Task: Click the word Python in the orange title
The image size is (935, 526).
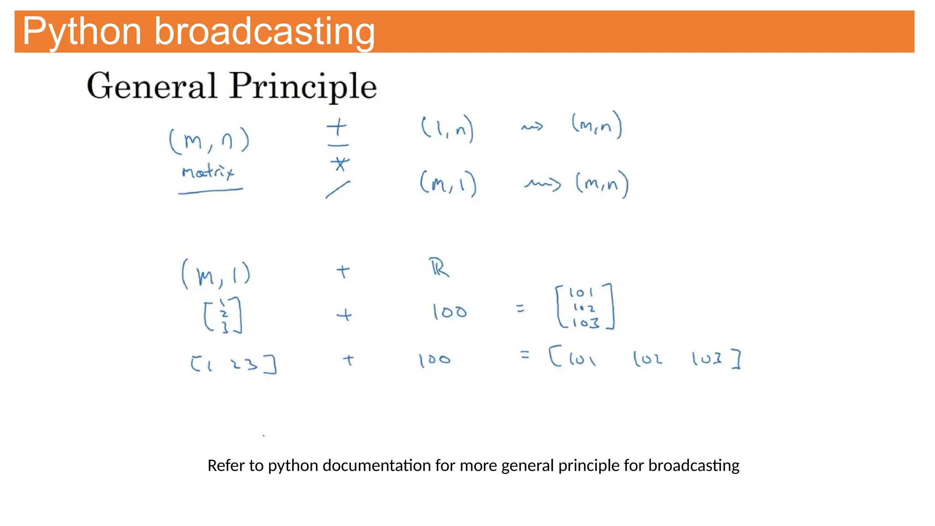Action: pyautogui.click(x=82, y=32)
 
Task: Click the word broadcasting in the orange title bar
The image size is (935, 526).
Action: pyautogui.click(x=265, y=32)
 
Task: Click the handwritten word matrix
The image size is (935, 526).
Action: pyautogui.click(x=208, y=172)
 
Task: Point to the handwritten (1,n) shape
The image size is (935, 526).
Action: pyautogui.click(x=447, y=128)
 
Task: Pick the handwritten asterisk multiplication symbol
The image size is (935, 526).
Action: pyautogui.click(x=340, y=163)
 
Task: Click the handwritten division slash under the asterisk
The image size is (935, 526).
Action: pyautogui.click(x=338, y=189)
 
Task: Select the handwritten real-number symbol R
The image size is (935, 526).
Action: pyautogui.click(x=439, y=268)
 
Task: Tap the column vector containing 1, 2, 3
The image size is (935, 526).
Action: pyautogui.click(x=223, y=315)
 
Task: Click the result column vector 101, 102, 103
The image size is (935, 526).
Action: pyautogui.click(x=585, y=307)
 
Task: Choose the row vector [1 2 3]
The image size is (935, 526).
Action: pyautogui.click(x=233, y=364)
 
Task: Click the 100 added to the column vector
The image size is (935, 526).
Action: pyautogui.click(x=450, y=312)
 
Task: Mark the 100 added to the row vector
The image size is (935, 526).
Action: pyautogui.click(x=435, y=360)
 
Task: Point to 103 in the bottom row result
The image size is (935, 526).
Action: pyautogui.click(x=707, y=359)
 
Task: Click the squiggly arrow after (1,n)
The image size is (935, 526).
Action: pyautogui.click(x=532, y=126)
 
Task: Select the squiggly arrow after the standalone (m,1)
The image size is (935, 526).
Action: pyautogui.click(x=542, y=184)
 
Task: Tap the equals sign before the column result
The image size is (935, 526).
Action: pyautogui.click(x=520, y=309)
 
